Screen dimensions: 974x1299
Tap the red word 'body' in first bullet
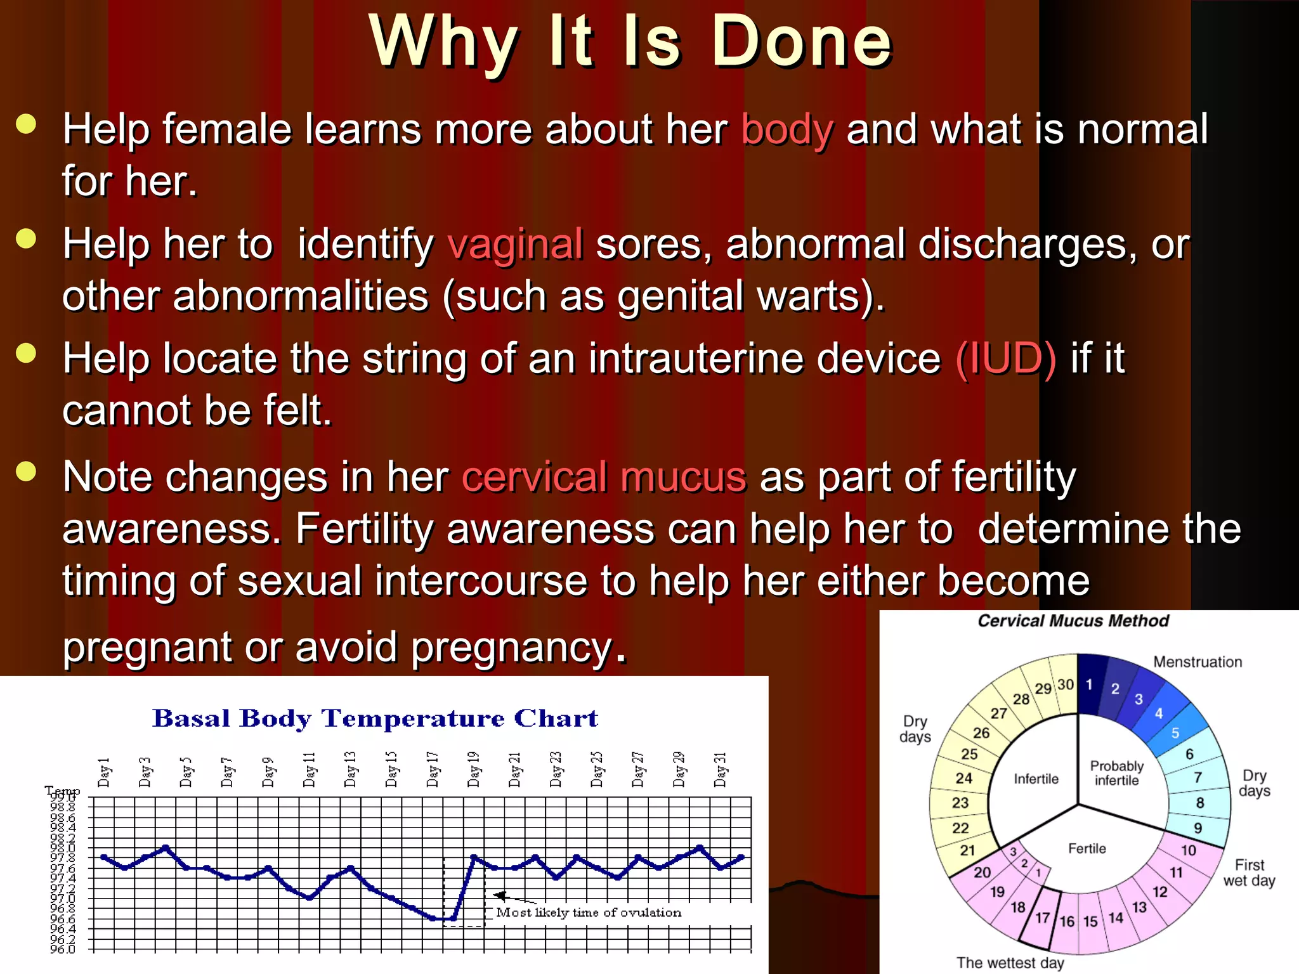point(787,130)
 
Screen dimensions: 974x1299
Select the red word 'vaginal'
point(515,245)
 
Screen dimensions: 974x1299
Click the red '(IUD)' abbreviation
point(1006,359)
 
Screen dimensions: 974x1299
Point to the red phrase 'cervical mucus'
point(604,477)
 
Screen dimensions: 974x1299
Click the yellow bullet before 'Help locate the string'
point(27,353)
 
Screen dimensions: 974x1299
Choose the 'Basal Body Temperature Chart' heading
point(375,718)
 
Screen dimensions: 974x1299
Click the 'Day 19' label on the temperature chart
point(474,770)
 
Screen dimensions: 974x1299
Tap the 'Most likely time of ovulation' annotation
point(589,912)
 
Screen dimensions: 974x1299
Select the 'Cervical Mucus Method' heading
point(1073,621)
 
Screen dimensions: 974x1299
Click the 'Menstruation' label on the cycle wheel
point(1197,662)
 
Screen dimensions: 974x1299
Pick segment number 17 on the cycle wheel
point(1042,918)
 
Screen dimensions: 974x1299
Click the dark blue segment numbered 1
point(1089,685)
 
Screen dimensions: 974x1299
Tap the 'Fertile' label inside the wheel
point(1087,848)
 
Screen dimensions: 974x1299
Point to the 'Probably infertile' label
point(1116,774)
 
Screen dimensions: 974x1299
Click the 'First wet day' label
point(1249,873)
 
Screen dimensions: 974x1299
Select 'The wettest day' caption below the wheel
point(1010,963)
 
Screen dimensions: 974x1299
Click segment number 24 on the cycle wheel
point(963,779)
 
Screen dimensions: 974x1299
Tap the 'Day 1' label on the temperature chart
point(105,772)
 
